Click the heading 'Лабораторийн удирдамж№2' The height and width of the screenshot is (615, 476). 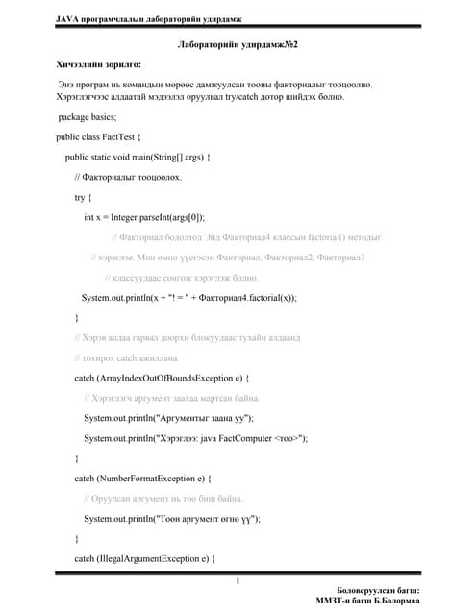click(238, 45)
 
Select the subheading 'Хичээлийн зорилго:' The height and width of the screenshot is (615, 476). click(98, 64)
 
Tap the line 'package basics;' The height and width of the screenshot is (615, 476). click(88, 117)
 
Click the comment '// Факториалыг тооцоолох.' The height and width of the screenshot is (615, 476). click(126, 178)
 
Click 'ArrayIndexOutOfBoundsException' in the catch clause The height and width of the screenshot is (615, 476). click(161, 378)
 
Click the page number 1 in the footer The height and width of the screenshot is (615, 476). click(238, 580)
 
